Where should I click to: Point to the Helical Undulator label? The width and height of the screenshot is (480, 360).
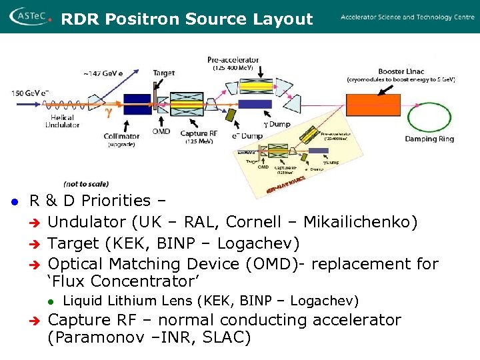(x=63, y=121)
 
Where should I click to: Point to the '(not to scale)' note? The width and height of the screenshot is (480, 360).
(x=86, y=184)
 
